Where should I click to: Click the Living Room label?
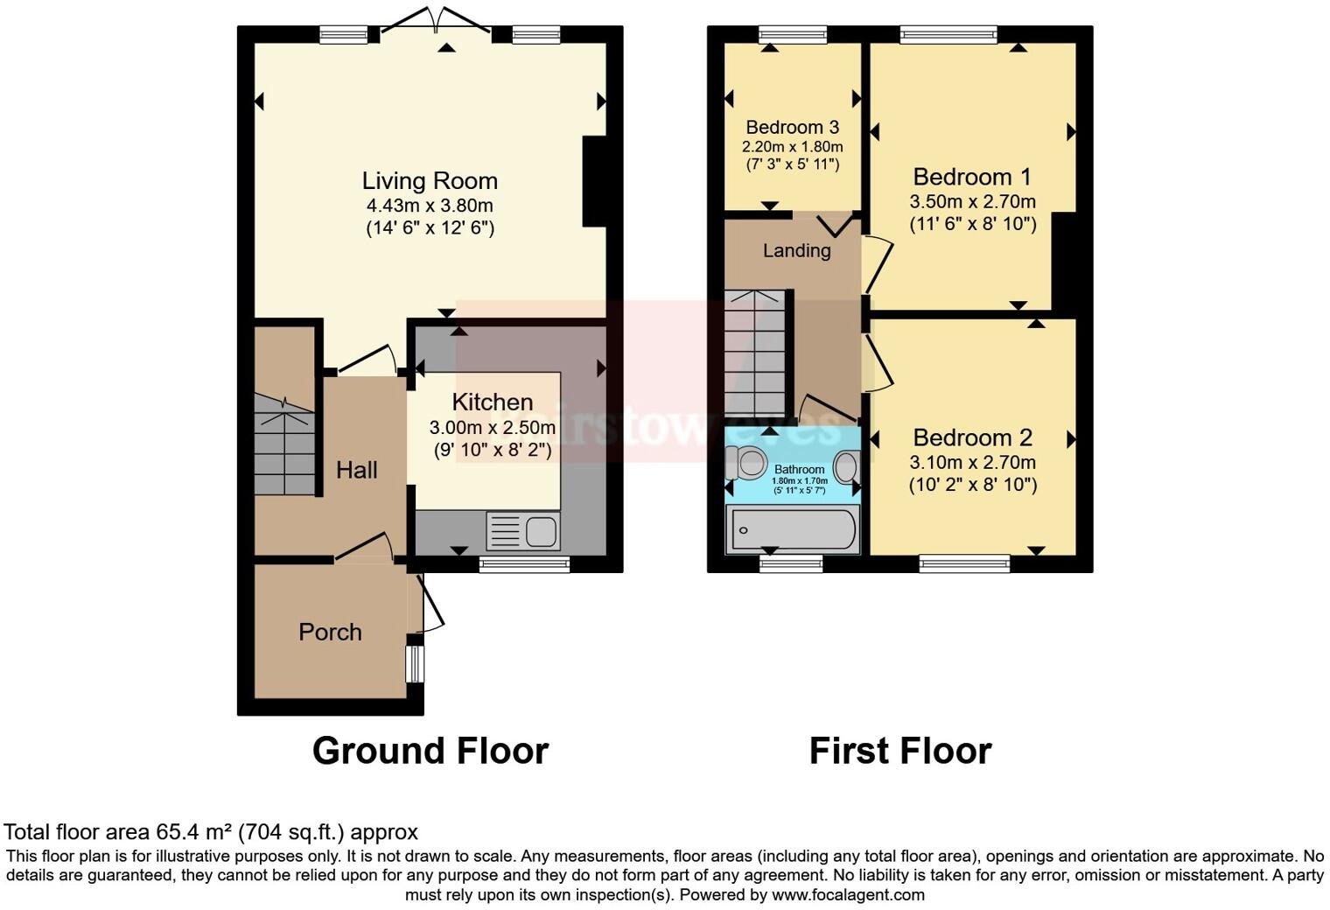pyautogui.click(x=430, y=181)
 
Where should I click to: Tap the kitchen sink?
pyautogui.click(x=523, y=531)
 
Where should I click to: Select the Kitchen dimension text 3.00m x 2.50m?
pyautogui.click(x=492, y=428)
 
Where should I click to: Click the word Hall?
pyautogui.click(x=357, y=471)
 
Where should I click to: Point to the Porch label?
pyautogui.click(x=330, y=632)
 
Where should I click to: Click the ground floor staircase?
pyautogui.click(x=284, y=446)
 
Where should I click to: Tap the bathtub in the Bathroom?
pyautogui.click(x=793, y=530)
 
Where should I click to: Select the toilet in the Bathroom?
pyautogui.click(x=746, y=462)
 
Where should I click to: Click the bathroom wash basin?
pyautogui.click(x=845, y=467)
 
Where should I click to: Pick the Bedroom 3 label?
pyautogui.click(x=792, y=128)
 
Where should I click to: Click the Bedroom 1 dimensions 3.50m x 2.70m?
pyautogui.click(x=973, y=202)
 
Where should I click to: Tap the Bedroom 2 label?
pyautogui.click(x=973, y=437)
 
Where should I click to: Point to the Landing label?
pyautogui.click(x=796, y=251)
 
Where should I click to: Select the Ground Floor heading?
pyautogui.click(x=430, y=751)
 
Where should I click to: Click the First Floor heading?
pyautogui.click(x=899, y=751)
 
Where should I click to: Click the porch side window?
pyautogui.click(x=415, y=664)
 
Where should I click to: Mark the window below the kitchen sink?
pyautogui.click(x=524, y=564)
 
